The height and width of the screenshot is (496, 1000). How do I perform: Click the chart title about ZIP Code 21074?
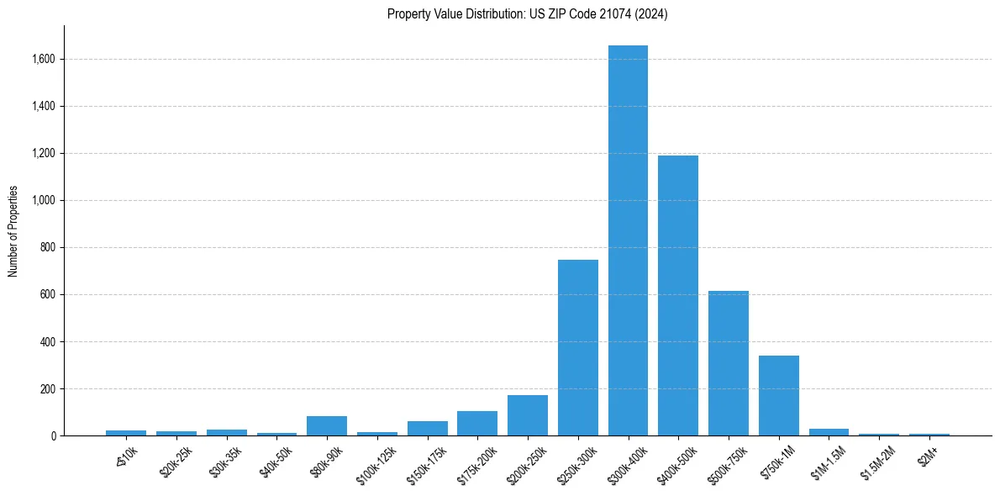tap(527, 14)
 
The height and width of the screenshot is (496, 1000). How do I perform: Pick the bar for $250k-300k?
tap(578, 348)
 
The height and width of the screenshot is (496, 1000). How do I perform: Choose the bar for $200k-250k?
tap(528, 415)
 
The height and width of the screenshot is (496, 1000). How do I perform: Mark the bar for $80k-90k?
tap(327, 425)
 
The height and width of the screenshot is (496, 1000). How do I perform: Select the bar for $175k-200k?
tap(477, 423)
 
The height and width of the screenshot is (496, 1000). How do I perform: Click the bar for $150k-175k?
tap(428, 428)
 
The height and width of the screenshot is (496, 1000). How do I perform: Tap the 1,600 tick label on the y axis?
tap(44, 60)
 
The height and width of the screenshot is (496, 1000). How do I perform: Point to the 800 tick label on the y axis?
tap(48, 248)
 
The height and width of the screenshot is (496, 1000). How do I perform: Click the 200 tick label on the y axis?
tap(48, 389)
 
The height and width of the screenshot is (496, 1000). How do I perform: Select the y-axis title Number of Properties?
tap(13, 231)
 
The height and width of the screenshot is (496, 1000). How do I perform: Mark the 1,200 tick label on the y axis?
tap(44, 154)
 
